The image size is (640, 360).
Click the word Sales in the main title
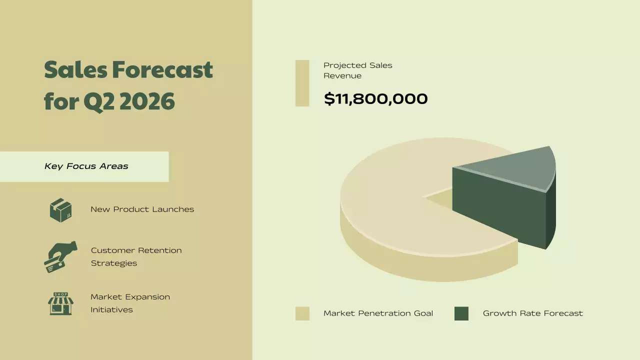[x=74, y=69]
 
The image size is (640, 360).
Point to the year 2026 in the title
[x=147, y=101]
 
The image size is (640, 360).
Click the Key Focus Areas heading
[x=86, y=166]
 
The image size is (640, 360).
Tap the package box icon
[x=60, y=210]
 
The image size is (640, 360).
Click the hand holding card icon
[x=60, y=256]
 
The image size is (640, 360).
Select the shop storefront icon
[x=60, y=303]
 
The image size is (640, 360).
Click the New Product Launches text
[x=142, y=209]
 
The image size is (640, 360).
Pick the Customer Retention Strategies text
[x=136, y=256]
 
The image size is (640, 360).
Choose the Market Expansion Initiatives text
[x=130, y=303]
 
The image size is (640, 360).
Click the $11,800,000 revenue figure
[x=375, y=98]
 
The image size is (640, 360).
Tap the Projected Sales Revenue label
[x=357, y=70]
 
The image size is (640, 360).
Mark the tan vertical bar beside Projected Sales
[x=302, y=83]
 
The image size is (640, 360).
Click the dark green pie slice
[x=500, y=205]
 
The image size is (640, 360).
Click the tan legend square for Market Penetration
[x=302, y=313]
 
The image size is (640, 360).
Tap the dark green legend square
[x=461, y=313]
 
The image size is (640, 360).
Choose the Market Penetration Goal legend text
[x=378, y=313]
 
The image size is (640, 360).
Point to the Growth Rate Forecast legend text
[x=532, y=313]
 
